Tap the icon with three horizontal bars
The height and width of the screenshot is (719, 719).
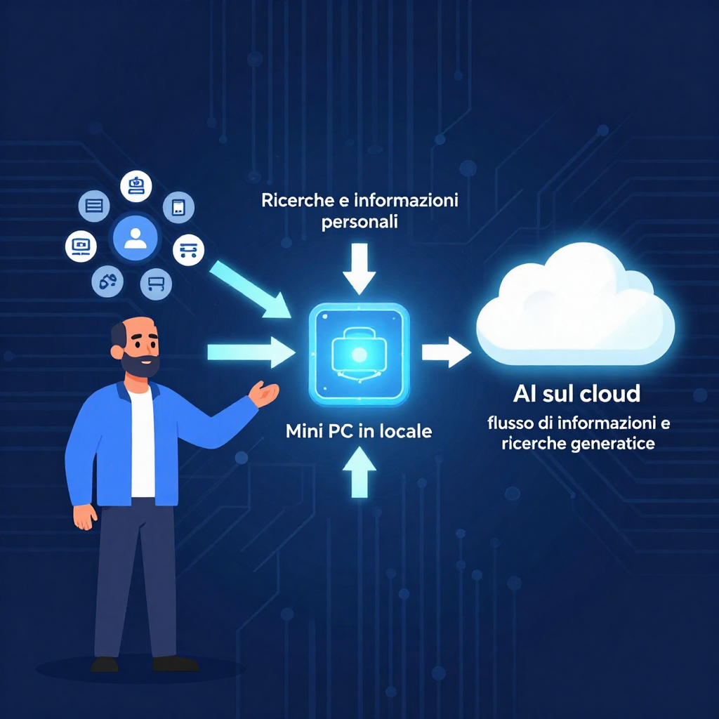click(95, 206)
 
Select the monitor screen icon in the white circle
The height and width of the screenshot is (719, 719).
click(81, 246)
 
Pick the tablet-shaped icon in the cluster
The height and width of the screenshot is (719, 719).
click(178, 207)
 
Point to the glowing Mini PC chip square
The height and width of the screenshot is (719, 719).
click(359, 354)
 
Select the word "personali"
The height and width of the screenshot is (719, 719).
click(359, 223)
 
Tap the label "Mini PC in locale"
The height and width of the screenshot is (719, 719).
click(359, 431)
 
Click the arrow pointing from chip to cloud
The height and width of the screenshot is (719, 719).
click(446, 352)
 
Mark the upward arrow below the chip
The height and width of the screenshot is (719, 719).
click(359, 474)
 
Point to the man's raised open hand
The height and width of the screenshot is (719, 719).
click(265, 394)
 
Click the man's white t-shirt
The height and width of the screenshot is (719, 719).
click(143, 442)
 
